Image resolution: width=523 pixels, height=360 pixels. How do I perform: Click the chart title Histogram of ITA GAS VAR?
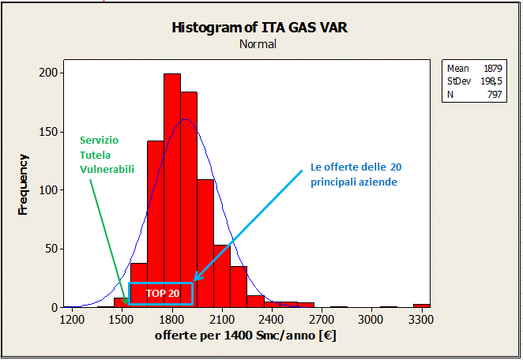pos(258,28)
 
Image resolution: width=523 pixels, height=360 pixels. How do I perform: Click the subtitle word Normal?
pos(258,44)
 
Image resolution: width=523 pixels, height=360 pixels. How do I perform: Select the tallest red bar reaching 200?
pos(171,189)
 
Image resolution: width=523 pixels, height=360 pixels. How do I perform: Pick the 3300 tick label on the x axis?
pos(421,319)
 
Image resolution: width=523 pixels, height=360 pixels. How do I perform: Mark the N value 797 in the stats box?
pos(495,94)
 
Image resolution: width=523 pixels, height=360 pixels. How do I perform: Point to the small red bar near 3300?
pos(422,305)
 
